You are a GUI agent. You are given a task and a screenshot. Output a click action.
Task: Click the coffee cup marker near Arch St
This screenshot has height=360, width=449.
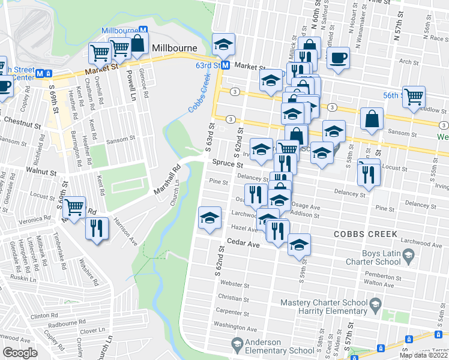tap(337, 58)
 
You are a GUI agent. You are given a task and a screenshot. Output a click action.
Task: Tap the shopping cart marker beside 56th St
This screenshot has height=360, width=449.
tap(414, 97)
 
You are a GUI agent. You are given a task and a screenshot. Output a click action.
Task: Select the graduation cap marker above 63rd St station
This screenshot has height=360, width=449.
tap(223, 44)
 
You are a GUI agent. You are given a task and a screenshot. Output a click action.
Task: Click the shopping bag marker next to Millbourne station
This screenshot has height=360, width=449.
tap(137, 43)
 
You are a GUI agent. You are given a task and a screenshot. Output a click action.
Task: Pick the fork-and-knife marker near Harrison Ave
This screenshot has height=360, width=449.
tap(96, 229)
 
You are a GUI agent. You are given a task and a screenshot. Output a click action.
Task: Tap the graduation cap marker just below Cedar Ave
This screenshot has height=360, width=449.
tap(299, 245)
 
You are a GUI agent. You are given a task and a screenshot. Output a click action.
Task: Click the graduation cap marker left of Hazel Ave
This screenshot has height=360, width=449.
tap(209, 217)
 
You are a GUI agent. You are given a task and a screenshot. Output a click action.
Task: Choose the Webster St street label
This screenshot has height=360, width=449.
tap(230, 283)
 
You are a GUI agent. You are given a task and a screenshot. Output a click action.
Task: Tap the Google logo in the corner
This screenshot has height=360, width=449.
tap(20, 353)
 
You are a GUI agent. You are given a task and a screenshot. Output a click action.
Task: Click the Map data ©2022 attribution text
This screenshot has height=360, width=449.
tap(423, 355)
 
